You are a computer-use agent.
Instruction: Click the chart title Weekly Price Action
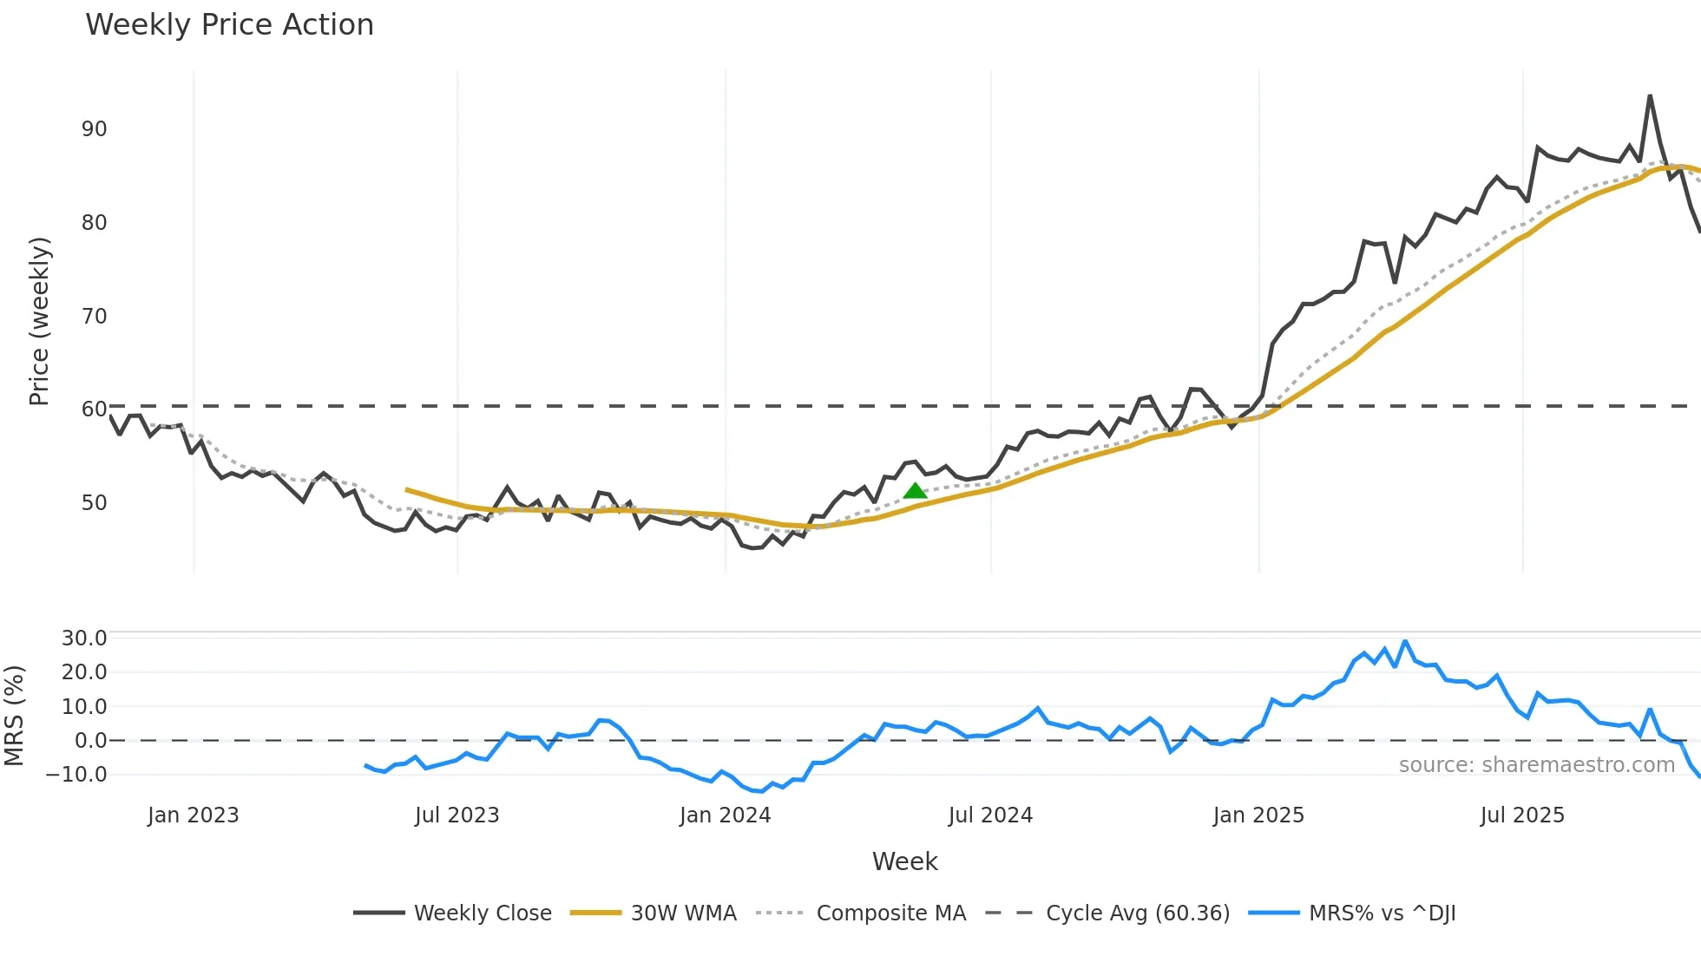tap(229, 25)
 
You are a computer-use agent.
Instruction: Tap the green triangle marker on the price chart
tap(915, 491)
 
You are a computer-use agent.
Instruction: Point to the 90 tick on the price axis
tap(94, 129)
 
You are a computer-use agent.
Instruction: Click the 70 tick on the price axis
tap(94, 317)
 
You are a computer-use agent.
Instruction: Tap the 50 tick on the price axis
tap(94, 503)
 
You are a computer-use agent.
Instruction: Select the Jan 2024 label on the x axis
tap(725, 815)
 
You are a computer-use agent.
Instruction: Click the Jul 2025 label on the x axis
tap(1522, 815)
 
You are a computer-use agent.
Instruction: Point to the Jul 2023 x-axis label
tap(456, 815)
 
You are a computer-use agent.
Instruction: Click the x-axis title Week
tap(904, 861)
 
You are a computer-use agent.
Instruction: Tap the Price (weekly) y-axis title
tap(39, 321)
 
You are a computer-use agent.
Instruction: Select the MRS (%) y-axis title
tap(14, 716)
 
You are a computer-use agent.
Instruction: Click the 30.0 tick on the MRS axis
tap(84, 638)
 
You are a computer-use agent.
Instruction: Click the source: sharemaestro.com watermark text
tap(1536, 765)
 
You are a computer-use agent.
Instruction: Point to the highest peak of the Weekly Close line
tap(1650, 96)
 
